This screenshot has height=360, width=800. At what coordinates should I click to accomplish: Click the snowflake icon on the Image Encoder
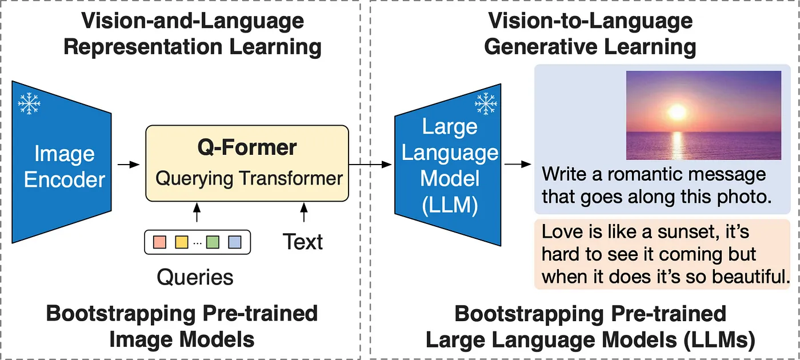click(29, 103)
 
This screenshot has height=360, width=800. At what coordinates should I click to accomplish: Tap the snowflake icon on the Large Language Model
click(486, 103)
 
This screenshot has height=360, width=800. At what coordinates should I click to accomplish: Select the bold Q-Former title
click(247, 147)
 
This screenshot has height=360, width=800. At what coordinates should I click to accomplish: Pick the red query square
click(160, 242)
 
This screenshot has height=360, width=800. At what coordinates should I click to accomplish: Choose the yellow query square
click(182, 242)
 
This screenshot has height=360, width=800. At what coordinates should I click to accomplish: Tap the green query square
click(213, 242)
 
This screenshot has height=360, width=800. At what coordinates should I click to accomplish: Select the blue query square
click(234, 242)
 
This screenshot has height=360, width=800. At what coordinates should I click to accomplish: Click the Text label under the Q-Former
click(303, 242)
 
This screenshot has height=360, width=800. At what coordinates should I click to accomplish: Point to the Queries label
click(195, 277)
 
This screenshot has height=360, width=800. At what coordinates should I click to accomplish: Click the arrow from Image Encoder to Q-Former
click(129, 165)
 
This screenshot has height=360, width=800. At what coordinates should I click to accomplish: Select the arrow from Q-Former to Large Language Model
click(370, 165)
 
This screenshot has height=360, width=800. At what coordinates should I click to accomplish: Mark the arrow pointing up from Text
click(303, 213)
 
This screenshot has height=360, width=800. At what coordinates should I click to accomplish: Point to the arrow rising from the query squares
click(197, 213)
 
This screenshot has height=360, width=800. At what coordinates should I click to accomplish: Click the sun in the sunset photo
click(678, 111)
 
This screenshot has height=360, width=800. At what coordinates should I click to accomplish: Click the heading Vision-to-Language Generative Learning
click(590, 34)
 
